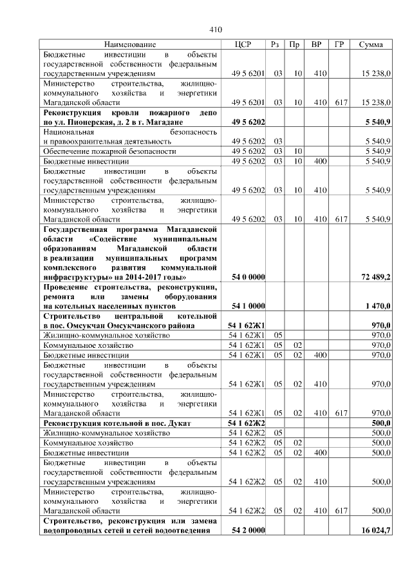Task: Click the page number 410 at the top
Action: click(216, 30)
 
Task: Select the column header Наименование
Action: click(130, 44)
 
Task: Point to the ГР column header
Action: click(339, 44)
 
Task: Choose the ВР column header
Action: click(317, 44)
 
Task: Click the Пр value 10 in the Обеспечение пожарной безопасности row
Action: click(295, 151)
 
